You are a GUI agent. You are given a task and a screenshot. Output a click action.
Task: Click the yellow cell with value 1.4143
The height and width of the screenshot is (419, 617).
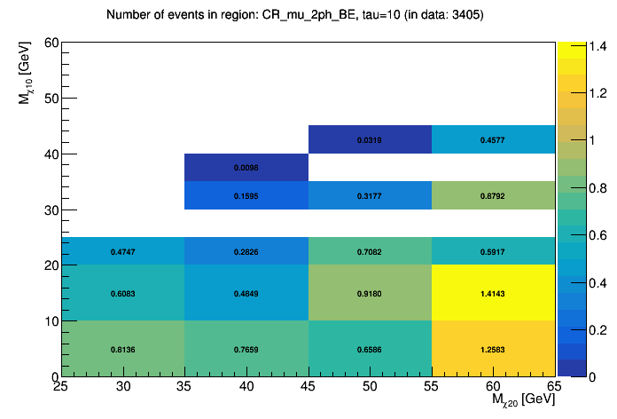pyautogui.click(x=493, y=293)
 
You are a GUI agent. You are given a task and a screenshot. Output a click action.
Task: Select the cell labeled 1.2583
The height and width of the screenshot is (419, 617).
pyautogui.click(x=493, y=349)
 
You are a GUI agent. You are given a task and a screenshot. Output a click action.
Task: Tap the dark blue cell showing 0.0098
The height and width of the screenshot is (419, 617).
pyautogui.click(x=246, y=167)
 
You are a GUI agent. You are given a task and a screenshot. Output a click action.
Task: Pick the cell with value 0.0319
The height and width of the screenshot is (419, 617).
pyautogui.click(x=370, y=139)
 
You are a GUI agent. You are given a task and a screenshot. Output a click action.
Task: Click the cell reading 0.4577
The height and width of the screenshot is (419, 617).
pyautogui.click(x=493, y=139)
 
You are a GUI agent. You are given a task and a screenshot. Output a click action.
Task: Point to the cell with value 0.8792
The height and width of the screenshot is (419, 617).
pyautogui.click(x=493, y=195)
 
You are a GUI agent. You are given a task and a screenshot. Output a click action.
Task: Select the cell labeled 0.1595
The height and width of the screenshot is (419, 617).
pyautogui.click(x=246, y=195)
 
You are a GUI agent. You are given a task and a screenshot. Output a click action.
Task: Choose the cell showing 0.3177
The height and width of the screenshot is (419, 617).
pyautogui.click(x=370, y=195)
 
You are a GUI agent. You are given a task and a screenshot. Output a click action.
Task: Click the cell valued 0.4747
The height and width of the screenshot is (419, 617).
pyautogui.click(x=122, y=251)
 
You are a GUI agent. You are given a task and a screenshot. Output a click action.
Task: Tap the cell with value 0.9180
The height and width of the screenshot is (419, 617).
pyautogui.click(x=370, y=293)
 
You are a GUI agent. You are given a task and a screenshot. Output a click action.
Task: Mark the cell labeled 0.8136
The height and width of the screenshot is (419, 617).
pyautogui.click(x=122, y=349)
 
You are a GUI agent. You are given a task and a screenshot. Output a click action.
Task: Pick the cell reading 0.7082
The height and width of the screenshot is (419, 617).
pyautogui.click(x=370, y=251)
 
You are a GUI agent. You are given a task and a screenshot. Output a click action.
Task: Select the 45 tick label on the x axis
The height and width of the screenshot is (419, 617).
pyautogui.click(x=308, y=386)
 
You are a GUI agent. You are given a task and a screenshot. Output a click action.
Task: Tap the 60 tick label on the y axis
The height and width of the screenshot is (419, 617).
pyautogui.click(x=51, y=43)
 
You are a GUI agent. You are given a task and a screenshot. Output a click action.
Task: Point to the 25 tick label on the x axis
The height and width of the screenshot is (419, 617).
pyautogui.click(x=61, y=386)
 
